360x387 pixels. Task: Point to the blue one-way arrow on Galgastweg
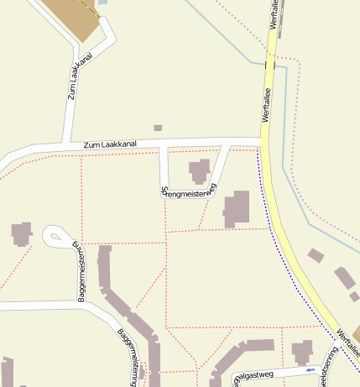[310, 369]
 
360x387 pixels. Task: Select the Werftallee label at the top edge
[274, 15]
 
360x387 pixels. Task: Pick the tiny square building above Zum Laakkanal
[158, 128]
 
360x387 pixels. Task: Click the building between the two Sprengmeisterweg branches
[200, 170]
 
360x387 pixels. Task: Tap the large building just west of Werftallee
[237, 209]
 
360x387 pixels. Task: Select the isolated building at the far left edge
[21, 233]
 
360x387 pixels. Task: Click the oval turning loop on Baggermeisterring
[56, 236]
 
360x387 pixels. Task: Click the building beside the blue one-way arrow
[302, 351]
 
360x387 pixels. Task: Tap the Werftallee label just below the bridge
[268, 108]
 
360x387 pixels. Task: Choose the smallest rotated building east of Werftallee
[355, 296]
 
